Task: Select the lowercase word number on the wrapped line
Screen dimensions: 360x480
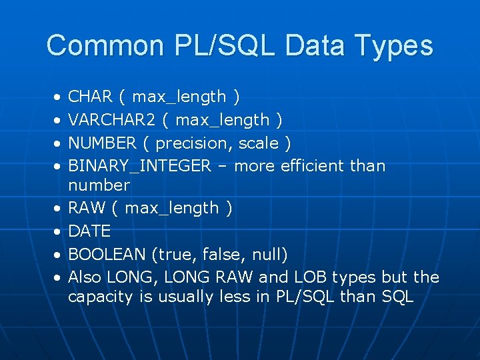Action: click(99, 185)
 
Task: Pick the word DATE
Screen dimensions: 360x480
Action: click(90, 231)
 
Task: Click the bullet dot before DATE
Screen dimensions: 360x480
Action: click(57, 231)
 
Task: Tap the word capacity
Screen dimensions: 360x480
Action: click(101, 297)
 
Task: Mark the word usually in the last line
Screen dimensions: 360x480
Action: click(187, 297)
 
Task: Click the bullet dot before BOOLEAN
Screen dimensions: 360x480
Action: click(57, 254)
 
